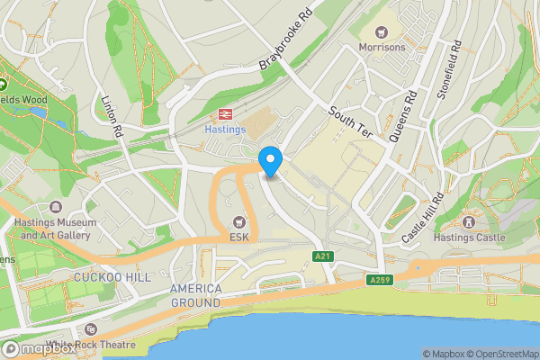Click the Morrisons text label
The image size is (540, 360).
click(382, 47)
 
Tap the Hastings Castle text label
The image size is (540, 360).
click(469, 238)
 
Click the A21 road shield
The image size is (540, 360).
click(324, 257)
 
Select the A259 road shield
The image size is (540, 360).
click(382, 281)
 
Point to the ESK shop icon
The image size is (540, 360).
click(238, 221)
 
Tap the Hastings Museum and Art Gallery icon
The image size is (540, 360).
click(56, 207)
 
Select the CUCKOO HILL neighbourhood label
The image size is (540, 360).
click(113, 277)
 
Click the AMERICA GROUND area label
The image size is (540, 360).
click(196, 295)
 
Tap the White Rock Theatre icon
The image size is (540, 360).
click(90, 329)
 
